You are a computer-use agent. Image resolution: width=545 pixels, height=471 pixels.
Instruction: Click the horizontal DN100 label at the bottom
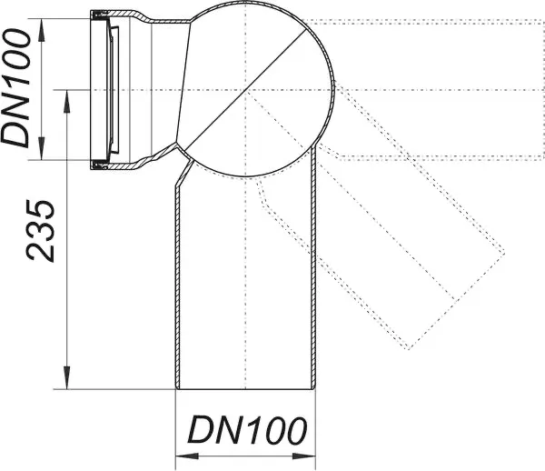tap(244, 429)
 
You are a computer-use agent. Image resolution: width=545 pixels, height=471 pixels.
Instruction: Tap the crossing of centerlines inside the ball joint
tap(245, 89)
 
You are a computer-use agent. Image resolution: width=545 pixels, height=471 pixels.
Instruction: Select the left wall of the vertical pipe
tap(176, 291)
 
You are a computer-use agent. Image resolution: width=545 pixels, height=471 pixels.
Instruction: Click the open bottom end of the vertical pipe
tap(245, 389)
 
